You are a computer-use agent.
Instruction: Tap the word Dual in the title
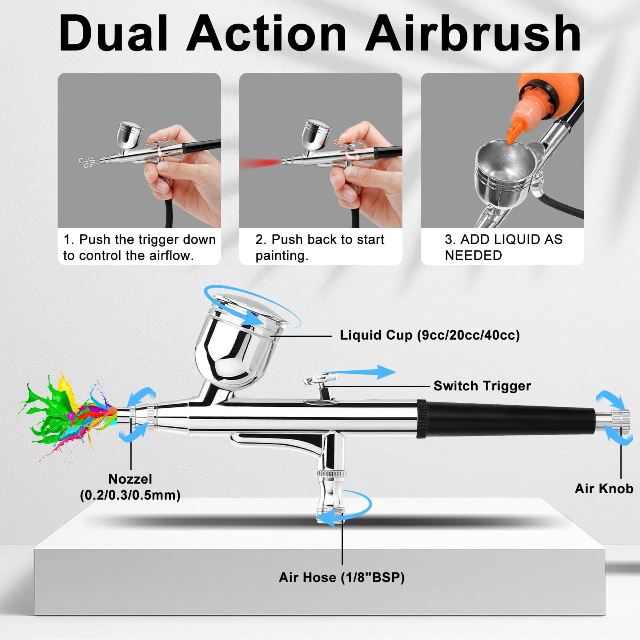(114, 34)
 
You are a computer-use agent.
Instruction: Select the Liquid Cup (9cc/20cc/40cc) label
(430, 335)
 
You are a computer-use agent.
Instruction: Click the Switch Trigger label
(482, 386)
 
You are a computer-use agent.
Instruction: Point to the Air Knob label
(604, 489)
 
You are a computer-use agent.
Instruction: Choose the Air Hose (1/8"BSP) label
(342, 578)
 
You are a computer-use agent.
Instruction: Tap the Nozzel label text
(130, 479)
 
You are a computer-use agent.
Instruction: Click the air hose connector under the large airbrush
(330, 496)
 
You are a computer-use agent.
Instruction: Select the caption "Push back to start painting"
(320, 247)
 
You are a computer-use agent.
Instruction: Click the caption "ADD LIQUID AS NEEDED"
(503, 247)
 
